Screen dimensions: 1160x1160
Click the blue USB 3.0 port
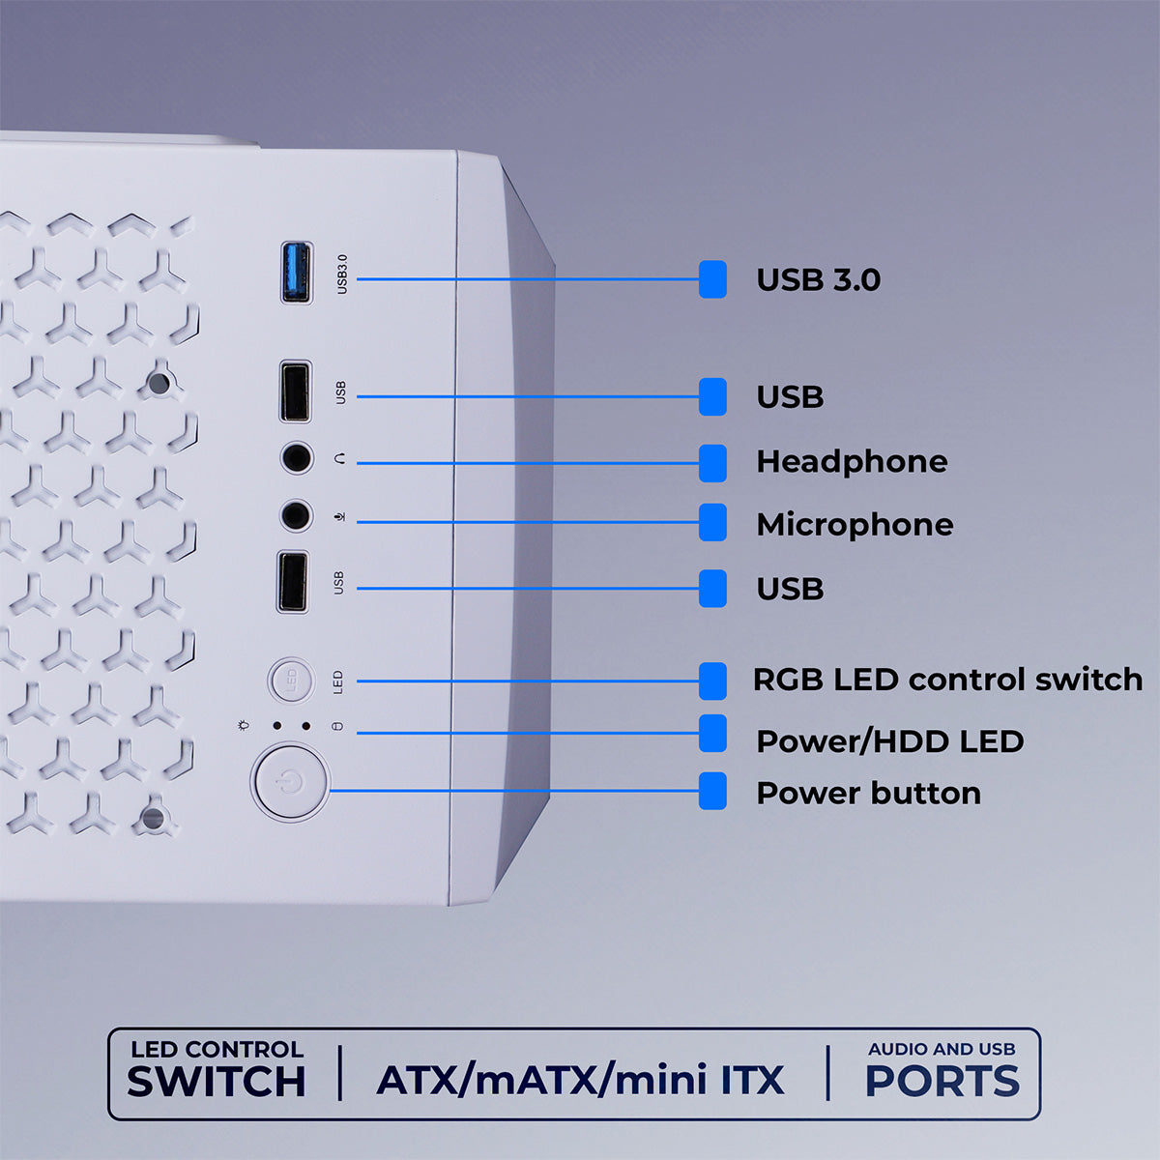[296, 274]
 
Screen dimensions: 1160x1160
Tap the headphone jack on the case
[297, 457]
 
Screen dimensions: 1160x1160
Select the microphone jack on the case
[296, 515]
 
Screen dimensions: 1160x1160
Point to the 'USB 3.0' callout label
[818, 280]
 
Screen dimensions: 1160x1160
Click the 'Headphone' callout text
[851, 462]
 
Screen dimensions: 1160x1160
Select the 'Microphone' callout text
[855, 525]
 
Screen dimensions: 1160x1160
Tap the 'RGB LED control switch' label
[947, 680]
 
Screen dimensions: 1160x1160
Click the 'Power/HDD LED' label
[889, 741]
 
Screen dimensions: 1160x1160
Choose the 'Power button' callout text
[868, 794]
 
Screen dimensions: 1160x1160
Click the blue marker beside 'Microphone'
[712, 522]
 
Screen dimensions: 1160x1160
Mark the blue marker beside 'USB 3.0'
[712, 279]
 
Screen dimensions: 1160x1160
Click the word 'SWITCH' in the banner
[216, 1082]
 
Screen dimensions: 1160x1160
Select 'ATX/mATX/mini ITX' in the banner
[580, 1080]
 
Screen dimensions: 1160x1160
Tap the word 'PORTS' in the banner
[942, 1082]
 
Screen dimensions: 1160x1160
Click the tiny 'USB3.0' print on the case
[341, 275]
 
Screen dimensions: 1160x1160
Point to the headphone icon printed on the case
[339, 459]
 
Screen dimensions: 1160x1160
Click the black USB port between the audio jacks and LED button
[293, 582]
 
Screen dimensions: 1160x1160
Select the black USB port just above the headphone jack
[295, 391]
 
